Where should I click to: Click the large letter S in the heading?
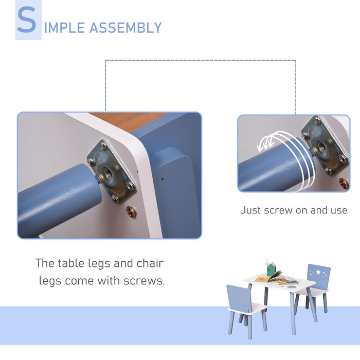click(27, 22)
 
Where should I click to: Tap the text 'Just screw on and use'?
click(294, 210)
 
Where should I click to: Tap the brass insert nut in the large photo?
click(132, 211)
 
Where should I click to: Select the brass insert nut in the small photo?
click(344, 184)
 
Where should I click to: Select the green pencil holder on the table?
click(271, 269)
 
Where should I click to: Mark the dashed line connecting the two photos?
click(201, 60)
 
